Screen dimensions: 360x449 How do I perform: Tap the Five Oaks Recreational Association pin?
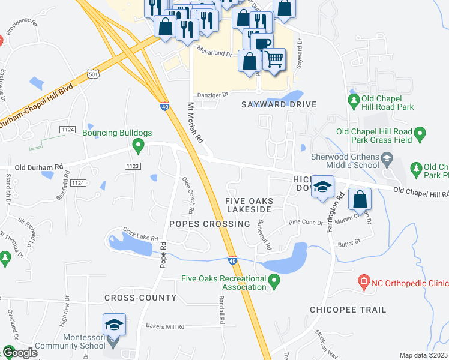pyautogui.click(x=274, y=280)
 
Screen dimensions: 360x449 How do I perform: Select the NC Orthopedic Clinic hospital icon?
pyautogui.click(x=363, y=281)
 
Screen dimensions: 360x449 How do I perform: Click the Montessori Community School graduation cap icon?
pyautogui.click(x=114, y=325)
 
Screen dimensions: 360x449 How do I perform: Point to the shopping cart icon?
pyautogui.click(x=274, y=59)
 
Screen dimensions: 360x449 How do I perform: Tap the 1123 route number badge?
pyautogui.click(x=133, y=165)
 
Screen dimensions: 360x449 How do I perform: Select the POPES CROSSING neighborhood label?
pyautogui.click(x=209, y=224)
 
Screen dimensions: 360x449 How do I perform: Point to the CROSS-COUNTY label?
pyautogui.click(x=140, y=298)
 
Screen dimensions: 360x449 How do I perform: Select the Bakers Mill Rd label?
pyautogui.click(x=168, y=327)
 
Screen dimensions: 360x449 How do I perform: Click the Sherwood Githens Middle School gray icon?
pyautogui.click(x=387, y=158)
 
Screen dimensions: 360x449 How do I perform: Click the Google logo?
pyautogui.click(x=20, y=353)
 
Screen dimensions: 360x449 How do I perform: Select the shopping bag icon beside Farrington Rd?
pyautogui.click(x=359, y=199)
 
